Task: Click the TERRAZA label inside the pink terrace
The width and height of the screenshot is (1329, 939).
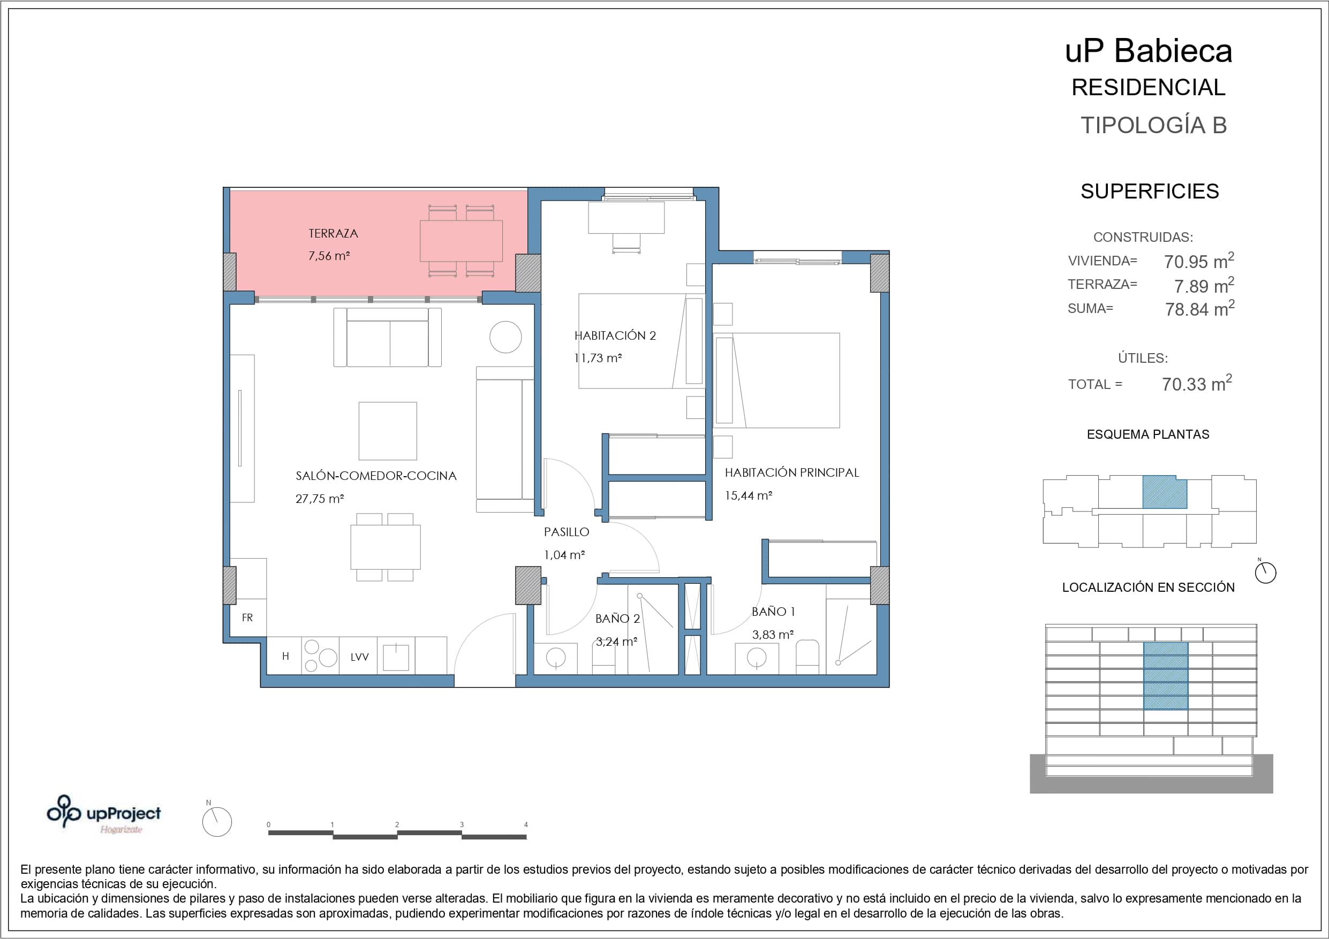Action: [333, 234]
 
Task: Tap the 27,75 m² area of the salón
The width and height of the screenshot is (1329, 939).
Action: [320, 499]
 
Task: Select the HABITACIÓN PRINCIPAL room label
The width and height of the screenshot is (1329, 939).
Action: [791, 472]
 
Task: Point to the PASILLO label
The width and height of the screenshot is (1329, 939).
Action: [566, 532]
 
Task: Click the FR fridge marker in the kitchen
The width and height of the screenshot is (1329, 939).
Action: [247, 618]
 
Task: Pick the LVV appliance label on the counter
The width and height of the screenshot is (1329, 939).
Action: [359, 657]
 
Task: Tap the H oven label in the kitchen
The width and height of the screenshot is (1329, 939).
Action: [285, 656]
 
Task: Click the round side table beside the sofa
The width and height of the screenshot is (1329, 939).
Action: [505, 337]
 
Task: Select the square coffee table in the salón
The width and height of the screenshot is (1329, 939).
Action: [388, 431]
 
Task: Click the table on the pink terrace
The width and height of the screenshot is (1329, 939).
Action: [462, 241]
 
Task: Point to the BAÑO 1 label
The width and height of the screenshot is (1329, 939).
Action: [773, 612]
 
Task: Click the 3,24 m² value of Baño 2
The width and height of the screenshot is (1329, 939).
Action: [616, 642]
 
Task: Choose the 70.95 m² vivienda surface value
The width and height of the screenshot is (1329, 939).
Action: [1199, 261]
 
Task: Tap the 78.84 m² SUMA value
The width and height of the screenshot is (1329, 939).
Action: [1199, 308]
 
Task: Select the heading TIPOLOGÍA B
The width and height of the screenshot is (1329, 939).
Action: [1153, 125]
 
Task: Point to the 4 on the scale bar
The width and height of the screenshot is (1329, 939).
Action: [526, 825]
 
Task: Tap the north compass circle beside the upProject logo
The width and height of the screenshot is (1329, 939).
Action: [217, 821]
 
